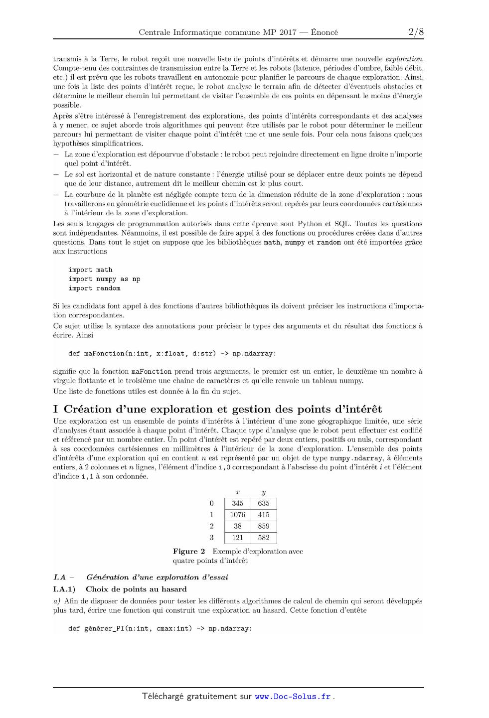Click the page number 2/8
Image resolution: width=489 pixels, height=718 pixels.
pyautogui.click(x=416, y=32)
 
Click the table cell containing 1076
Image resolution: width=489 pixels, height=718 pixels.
pyautogui.click(x=238, y=515)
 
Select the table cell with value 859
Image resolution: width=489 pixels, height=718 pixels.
pyautogui.click(x=264, y=526)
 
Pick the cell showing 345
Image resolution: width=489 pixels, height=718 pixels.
pyautogui.click(x=238, y=503)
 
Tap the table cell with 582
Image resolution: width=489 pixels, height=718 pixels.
pyautogui.click(x=264, y=538)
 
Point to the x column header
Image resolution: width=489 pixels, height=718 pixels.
pyautogui.click(x=238, y=492)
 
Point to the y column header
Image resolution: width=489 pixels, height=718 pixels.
pyautogui.click(x=264, y=492)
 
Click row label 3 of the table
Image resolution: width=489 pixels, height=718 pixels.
pyautogui.click(x=212, y=538)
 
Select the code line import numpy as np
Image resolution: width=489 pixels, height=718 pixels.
pyautogui.click(x=104, y=279)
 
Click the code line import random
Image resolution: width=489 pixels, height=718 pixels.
pyautogui.click(x=94, y=288)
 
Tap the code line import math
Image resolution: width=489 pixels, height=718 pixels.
pyautogui.click(x=90, y=270)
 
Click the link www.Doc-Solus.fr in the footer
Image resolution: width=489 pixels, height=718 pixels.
pyautogui.click(x=293, y=697)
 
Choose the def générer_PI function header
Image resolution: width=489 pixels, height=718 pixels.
pyautogui.click(x=160, y=629)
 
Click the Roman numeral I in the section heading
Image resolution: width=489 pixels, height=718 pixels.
pyautogui.click(x=56, y=410)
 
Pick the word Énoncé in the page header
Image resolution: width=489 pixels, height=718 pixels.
pyautogui.click(x=324, y=33)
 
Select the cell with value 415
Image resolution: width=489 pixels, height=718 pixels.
pyautogui.click(x=264, y=515)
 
